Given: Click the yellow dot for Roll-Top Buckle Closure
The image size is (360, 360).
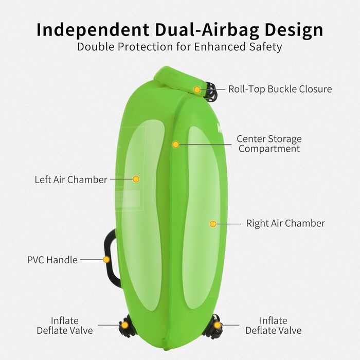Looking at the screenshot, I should point(197,89).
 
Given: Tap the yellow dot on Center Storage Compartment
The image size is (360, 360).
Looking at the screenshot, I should point(175,145).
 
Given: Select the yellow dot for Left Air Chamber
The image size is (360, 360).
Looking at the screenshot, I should point(136,179).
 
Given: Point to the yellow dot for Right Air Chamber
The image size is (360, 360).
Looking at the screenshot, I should point(212,224).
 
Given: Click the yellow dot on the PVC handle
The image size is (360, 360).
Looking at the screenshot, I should point(106,259).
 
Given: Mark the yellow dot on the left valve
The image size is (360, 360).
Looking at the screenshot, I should point(125,325).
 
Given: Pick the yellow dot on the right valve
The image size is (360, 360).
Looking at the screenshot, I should point(218,325).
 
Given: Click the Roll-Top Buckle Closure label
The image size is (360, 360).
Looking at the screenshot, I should point(280,89).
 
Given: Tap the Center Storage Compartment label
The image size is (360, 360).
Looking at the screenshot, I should point(269,144).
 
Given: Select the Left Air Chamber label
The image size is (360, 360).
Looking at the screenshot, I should point(71,179).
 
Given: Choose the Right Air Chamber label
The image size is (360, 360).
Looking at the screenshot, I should point(285,224).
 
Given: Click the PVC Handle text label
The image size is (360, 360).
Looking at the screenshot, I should point(52,260).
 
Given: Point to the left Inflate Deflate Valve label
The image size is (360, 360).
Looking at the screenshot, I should point(65,326).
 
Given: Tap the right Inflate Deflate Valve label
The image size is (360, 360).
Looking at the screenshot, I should point(273,326).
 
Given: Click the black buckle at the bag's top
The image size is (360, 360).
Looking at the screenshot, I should point(210,92).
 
